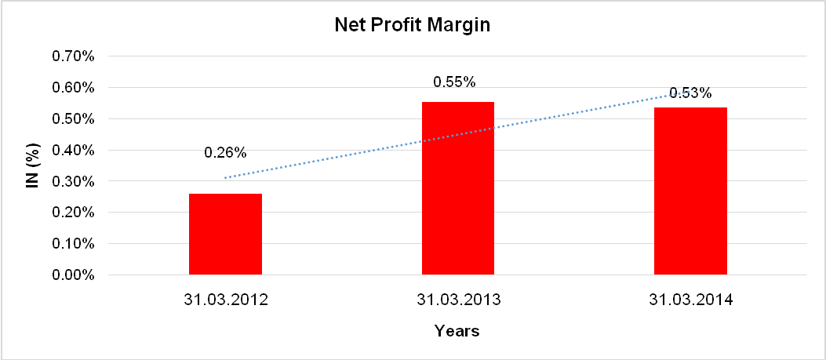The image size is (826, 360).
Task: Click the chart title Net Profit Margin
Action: pyautogui.click(x=412, y=25)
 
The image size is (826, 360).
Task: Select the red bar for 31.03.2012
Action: pyautogui.click(x=225, y=235)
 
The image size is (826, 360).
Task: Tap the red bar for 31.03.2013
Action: pyautogui.click(x=458, y=188)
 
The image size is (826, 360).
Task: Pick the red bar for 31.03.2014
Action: pyautogui.click(x=690, y=191)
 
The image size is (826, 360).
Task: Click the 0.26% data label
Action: pyautogui.click(x=225, y=152)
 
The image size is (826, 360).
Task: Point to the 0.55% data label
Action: pyautogui.click(x=454, y=82)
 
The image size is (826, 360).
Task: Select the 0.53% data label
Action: pyautogui.click(x=690, y=93)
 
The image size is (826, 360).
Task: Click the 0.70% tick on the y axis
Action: pyautogui.click(x=73, y=56)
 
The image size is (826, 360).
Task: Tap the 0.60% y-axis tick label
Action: pyautogui.click(x=73, y=88)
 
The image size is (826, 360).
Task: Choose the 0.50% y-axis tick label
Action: pyautogui.click(x=73, y=119)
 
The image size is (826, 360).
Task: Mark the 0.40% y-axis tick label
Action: pyautogui.click(x=73, y=150)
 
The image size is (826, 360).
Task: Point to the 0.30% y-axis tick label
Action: pyautogui.click(x=73, y=181)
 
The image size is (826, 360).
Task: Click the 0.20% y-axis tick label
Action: pyautogui.click(x=73, y=213)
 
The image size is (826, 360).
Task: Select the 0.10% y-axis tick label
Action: pyautogui.click(x=73, y=244)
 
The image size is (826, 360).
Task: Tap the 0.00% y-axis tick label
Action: pyautogui.click(x=73, y=275)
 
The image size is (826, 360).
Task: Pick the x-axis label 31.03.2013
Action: pyautogui.click(x=458, y=300)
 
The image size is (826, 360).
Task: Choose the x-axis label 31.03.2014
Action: pyautogui.click(x=690, y=300)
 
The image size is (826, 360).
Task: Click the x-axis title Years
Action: pyautogui.click(x=457, y=331)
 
